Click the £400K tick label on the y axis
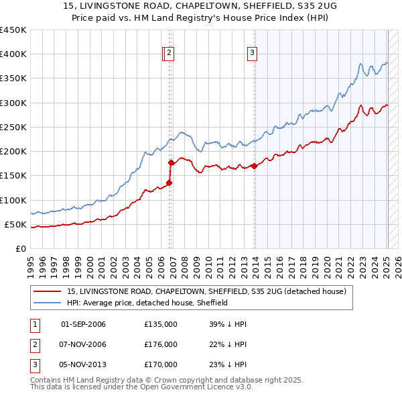pos(13,54)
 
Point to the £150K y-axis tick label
pos(13,176)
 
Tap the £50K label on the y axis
pos(15,224)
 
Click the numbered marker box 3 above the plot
pos(253,54)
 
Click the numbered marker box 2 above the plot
pos(170,54)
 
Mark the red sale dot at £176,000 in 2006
pos(171,162)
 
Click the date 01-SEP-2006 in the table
pos(83,324)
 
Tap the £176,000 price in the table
pos(161,344)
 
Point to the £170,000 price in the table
pos(161,364)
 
